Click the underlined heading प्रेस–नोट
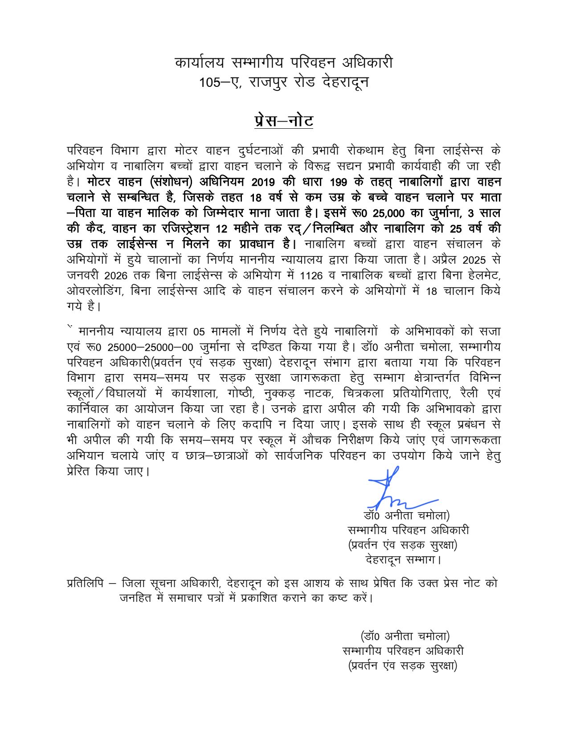(x=284, y=121)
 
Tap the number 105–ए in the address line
(x=220, y=82)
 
